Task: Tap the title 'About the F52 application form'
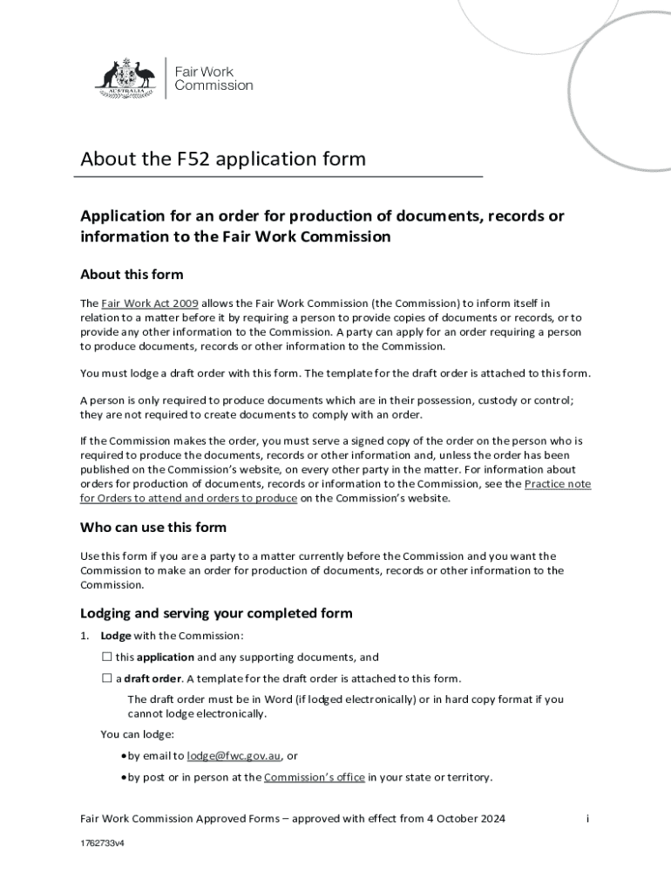tap(223, 160)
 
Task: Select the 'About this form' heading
tap(132, 275)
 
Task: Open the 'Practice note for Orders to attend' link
tap(558, 484)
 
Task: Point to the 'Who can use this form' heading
tap(153, 527)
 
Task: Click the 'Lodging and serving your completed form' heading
tap(216, 613)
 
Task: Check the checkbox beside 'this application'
tap(107, 658)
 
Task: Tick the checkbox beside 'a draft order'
tap(107, 678)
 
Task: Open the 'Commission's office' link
tap(314, 777)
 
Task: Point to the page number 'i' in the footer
tap(588, 819)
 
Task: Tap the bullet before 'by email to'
tap(124, 756)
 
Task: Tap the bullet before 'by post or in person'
tap(124, 777)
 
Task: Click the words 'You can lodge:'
tap(138, 734)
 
